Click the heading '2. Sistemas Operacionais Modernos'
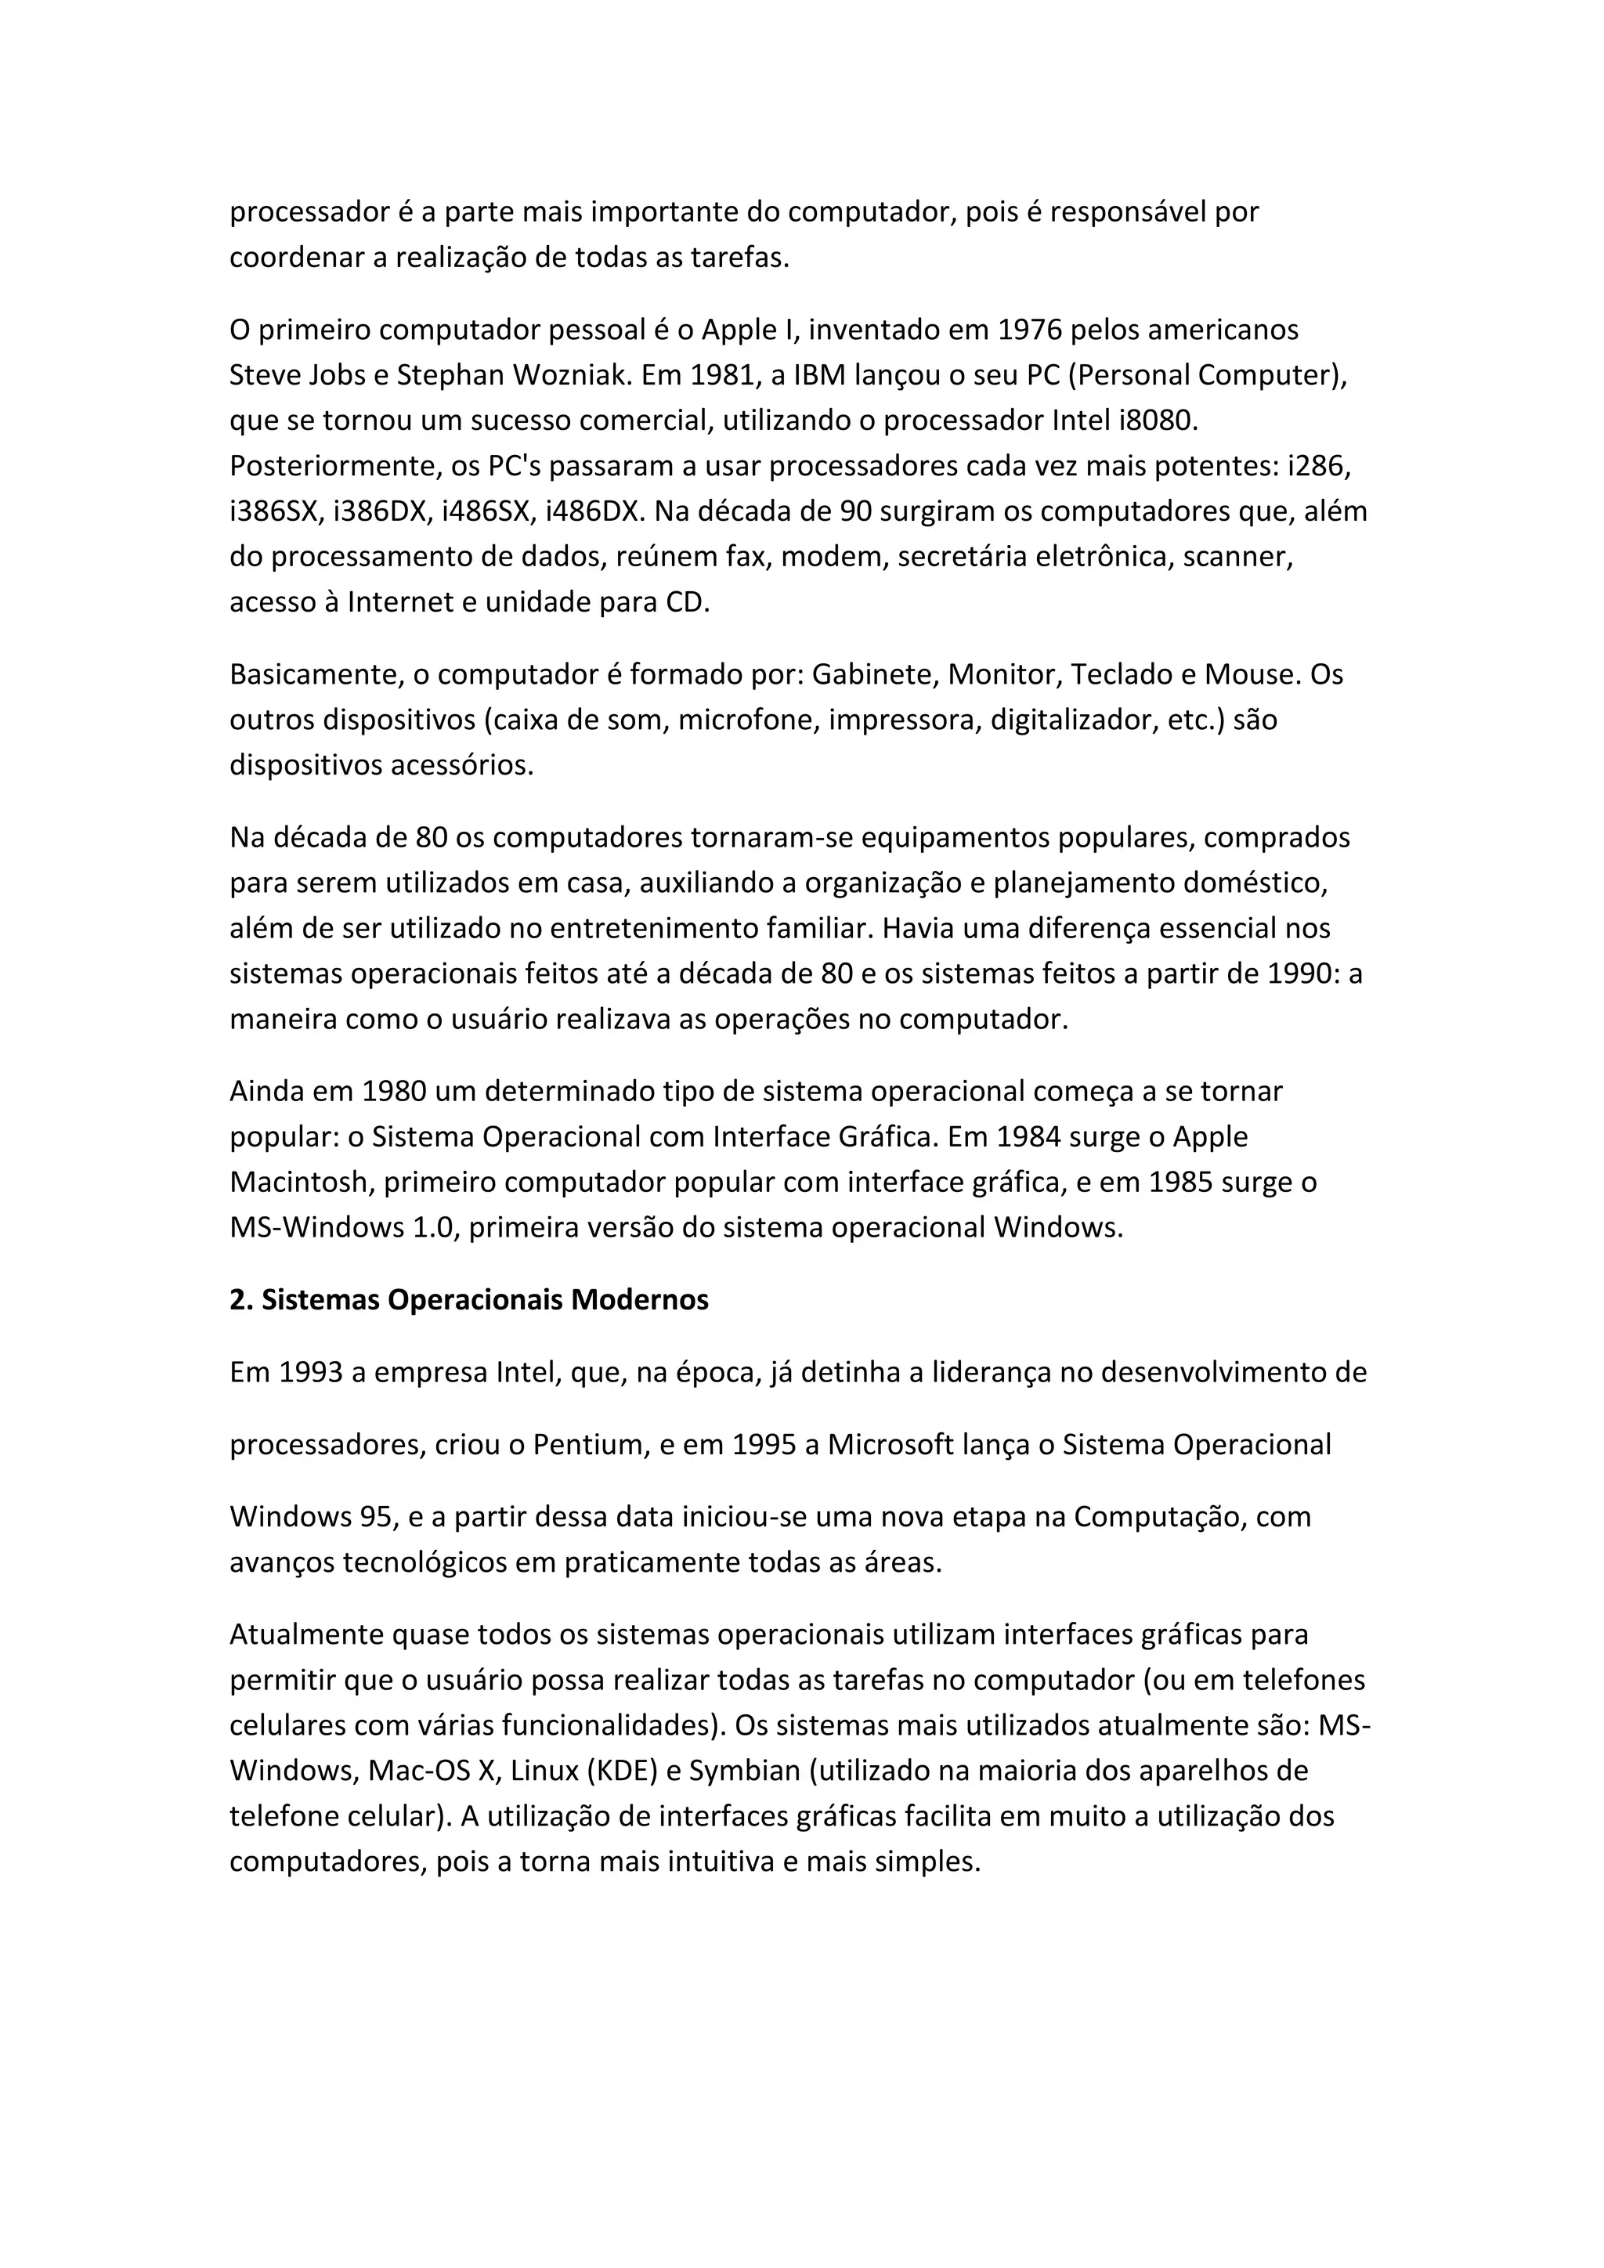pyautogui.click(x=469, y=1300)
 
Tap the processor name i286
pyautogui.click(x=1319, y=466)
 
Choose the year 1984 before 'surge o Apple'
pyautogui.click(x=1013, y=1137)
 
